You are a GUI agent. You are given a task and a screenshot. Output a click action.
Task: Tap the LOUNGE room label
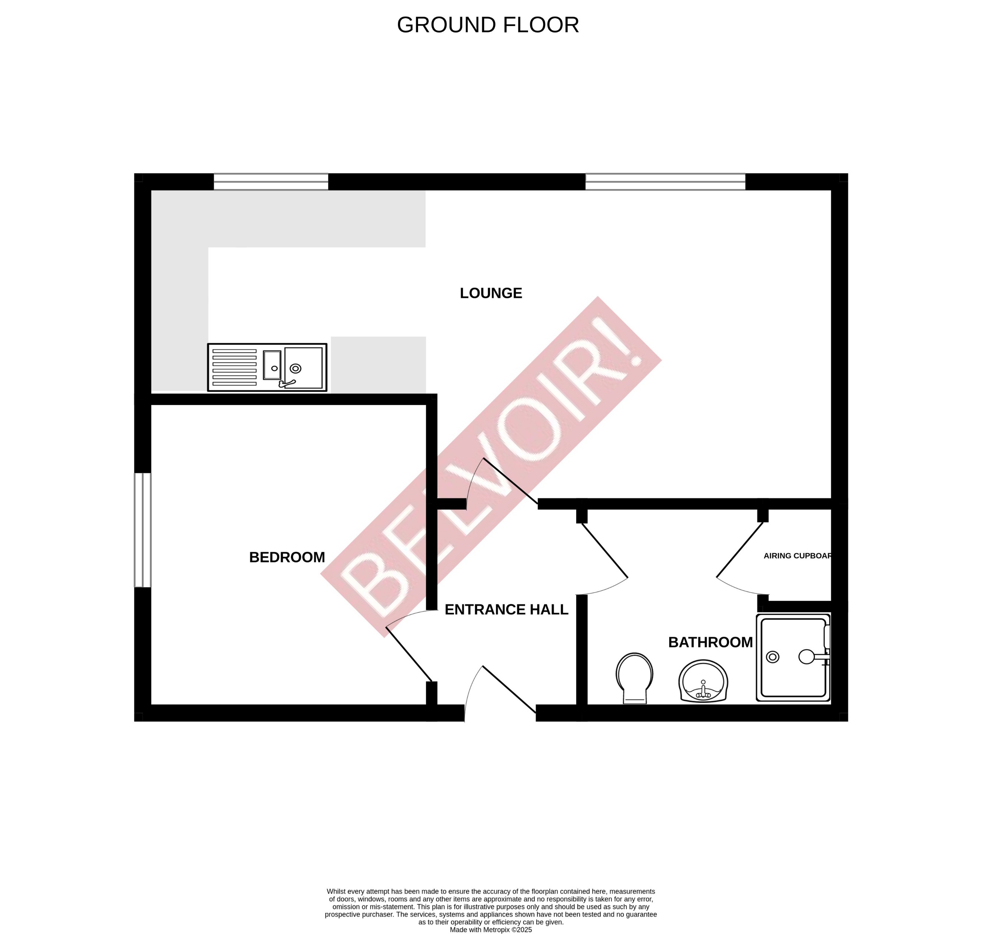click(491, 293)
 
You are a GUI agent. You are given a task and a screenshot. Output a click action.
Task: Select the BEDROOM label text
click(287, 557)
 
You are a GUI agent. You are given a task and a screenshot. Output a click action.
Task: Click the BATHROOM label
click(710, 642)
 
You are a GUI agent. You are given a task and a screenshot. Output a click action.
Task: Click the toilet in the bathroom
click(634, 677)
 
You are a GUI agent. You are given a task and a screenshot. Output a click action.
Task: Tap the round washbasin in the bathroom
click(703, 681)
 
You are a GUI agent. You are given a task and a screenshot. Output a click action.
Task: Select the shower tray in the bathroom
click(793, 657)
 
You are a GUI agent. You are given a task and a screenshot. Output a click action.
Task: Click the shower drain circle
click(773, 657)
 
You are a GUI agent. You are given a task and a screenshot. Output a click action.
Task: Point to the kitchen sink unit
click(267, 367)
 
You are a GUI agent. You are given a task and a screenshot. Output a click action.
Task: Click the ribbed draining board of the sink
click(235, 367)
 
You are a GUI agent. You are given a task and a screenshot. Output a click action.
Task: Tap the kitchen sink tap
click(287, 383)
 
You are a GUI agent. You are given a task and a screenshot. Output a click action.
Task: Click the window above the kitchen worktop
click(271, 182)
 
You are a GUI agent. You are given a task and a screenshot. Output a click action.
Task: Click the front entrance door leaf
click(509, 689)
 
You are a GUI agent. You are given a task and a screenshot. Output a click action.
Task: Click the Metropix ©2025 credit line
click(491, 930)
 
